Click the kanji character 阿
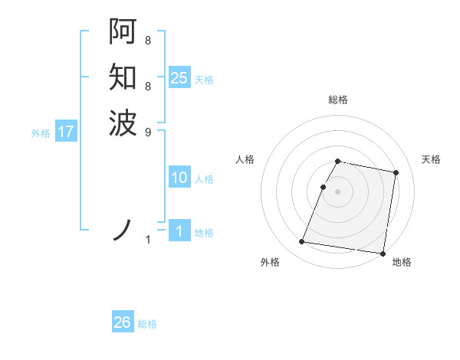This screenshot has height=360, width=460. [x=123, y=32]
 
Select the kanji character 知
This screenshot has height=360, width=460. [x=123, y=77]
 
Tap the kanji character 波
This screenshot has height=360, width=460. [x=123, y=122]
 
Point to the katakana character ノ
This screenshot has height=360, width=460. [x=123, y=229]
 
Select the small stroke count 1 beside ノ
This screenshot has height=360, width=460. [x=148, y=240]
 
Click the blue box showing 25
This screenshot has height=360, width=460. [x=179, y=78]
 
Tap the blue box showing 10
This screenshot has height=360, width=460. [x=179, y=178]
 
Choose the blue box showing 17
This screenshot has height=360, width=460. [x=66, y=132]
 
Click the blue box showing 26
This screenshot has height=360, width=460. [x=122, y=322]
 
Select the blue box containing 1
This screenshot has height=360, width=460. [x=179, y=231]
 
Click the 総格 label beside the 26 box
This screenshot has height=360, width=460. [x=147, y=324]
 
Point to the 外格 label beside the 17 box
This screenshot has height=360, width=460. [x=41, y=133]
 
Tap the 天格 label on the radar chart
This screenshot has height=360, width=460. [x=431, y=159]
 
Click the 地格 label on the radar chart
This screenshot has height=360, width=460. [x=402, y=263]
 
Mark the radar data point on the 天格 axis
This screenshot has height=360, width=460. [x=396, y=173]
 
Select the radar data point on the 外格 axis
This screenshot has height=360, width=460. [x=301, y=242]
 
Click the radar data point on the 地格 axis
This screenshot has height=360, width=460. [x=382, y=254]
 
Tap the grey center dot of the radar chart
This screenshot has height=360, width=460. [x=338, y=191]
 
